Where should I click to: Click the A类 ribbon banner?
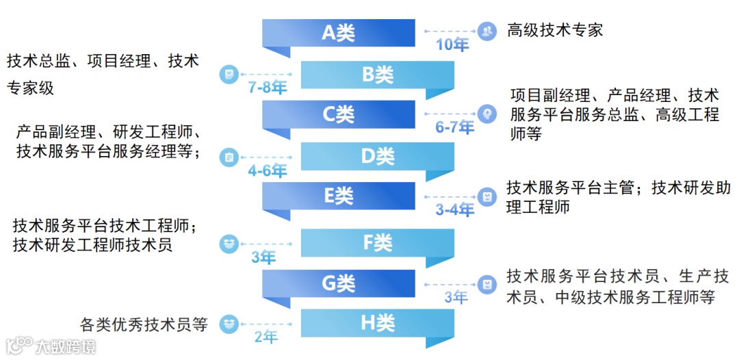(x=339, y=33)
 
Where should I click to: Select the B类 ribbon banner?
(x=378, y=75)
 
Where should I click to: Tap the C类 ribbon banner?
(x=339, y=114)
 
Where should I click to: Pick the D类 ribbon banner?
(x=378, y=157)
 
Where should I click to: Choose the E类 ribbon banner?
(x=339, y=196)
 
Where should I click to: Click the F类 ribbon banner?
(x=378, y=242)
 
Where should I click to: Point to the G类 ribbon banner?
(x=339, y=283)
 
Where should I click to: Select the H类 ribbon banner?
(x=378, y=323)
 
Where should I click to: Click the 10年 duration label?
(x=452, y=46)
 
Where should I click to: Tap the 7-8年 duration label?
(x=268, y=88)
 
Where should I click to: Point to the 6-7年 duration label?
(x=455, y=127)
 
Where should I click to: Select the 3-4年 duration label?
(x=455, y=210)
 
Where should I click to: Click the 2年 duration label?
(x=266, y=337)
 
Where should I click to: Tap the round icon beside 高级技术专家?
(x=487, y=31)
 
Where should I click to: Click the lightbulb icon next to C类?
(x=487, y=114)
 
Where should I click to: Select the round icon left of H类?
(x=229, y=323)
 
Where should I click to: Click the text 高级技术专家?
(x=555, y=30)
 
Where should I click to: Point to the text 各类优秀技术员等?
(x=144, y=324)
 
